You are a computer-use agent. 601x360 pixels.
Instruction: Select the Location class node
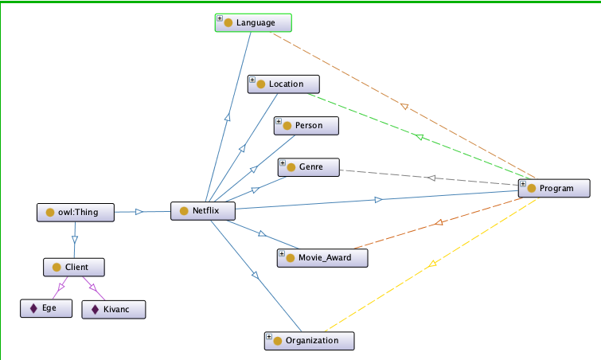point(285,84)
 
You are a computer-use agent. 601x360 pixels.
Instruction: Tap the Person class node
point(307,126)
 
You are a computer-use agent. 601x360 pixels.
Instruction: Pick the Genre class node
point(309,167)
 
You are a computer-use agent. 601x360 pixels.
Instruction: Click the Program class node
point(555,188)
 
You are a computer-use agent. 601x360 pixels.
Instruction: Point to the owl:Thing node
point(76,213)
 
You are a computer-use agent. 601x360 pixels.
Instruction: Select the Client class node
point(75,268)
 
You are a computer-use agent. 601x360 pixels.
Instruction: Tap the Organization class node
point(309,340)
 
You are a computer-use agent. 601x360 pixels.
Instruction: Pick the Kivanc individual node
point(114,309)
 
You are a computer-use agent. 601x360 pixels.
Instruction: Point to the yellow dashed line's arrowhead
point(431,265)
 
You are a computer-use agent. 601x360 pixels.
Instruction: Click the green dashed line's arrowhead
point(423,138)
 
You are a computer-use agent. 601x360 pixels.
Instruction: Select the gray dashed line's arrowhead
point(431,178)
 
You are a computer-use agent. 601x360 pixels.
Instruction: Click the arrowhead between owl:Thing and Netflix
point(139,212)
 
